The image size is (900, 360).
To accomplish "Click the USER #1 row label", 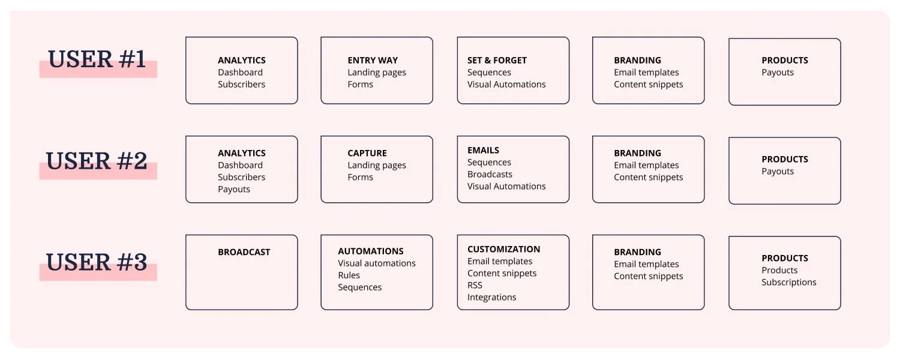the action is pos(97,59).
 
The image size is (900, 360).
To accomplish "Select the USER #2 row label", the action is pos(97,161).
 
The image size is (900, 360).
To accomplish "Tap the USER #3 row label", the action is pos(97,262).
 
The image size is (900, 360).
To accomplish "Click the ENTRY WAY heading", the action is pos(373,60).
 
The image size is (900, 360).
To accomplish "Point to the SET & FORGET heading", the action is pos(497,60).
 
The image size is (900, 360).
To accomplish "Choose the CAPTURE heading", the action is pos(367,153).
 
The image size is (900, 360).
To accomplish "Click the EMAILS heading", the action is pos(483,150).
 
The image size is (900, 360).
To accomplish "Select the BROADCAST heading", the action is pos(244,252).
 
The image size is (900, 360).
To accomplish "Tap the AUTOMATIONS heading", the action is pos(370,251).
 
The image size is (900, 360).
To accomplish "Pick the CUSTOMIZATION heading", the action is pos(503,249).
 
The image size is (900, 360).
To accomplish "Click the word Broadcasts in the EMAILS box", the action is pos(490,175).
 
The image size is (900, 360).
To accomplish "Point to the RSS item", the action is pos(475,285).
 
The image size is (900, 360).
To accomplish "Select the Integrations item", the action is pos(491,298).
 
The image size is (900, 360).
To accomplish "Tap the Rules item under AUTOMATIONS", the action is pos(349,275).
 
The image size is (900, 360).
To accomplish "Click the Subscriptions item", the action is pos(789,282).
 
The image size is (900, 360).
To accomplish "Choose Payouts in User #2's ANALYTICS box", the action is pos(234,189).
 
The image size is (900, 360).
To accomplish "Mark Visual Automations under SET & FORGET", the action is pos(506,85).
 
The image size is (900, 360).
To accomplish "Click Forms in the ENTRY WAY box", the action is pos(360,85).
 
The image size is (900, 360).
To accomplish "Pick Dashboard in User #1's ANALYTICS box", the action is pos(240,73).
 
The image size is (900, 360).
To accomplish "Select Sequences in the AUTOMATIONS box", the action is pos(359,287).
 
